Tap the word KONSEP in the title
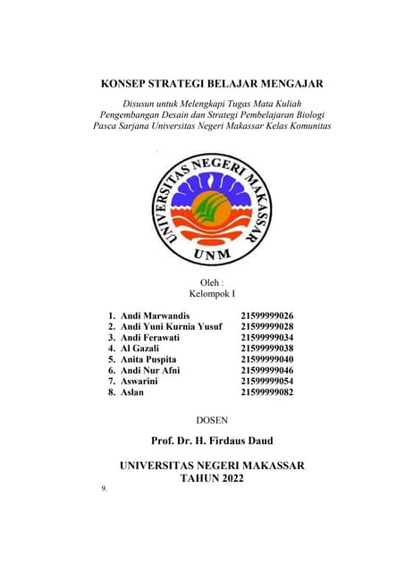pos(129,85)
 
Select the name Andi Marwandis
pos(156,316)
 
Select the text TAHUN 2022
pos(212,479)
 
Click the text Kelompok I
pos(212,293)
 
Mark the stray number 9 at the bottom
pos(105,489)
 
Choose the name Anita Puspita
pos(148,359)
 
